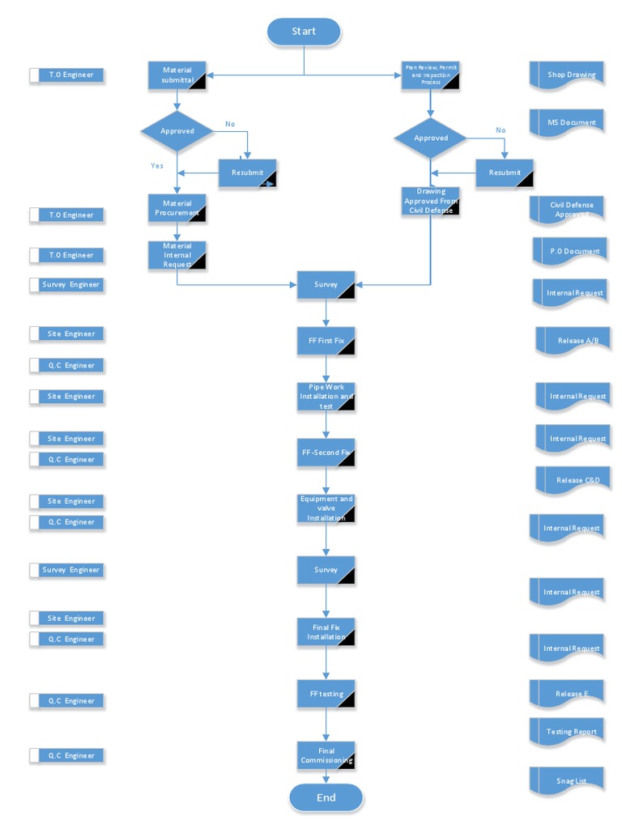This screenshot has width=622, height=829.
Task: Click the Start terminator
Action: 304,32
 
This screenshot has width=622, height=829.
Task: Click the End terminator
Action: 326,797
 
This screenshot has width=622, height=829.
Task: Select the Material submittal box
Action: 177,75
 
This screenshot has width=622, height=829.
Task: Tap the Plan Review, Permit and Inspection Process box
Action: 431,75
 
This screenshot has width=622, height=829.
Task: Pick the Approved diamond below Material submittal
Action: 177,130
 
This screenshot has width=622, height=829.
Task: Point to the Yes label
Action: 157,166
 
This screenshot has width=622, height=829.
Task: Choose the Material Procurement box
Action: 177,208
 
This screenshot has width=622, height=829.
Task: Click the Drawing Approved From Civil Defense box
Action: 431,201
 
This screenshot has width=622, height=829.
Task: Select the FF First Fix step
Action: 326,341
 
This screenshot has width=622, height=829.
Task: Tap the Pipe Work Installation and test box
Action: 326,397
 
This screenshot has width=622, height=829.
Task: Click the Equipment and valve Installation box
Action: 326,508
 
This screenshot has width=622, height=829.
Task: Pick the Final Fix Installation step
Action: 326,632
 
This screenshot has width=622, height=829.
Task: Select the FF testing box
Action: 326,695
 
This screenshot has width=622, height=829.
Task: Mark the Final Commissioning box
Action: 326,755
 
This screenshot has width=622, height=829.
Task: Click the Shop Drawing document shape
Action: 568,75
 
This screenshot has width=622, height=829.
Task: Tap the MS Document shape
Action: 568,123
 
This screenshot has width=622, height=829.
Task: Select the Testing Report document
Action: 568,732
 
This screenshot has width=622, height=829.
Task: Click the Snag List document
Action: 568,781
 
